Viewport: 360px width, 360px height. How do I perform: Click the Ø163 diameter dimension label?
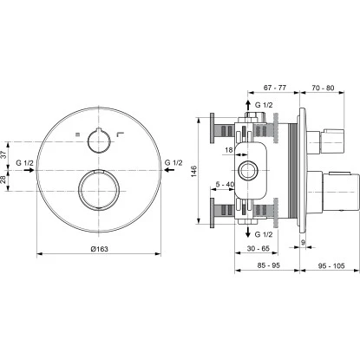[99, 249]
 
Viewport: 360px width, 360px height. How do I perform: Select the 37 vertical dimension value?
[4, 154]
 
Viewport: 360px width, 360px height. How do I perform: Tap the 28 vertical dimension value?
[4, 180]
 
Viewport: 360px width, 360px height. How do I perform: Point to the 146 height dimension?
[193, 171]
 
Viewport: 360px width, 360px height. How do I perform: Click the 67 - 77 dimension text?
[275, 88]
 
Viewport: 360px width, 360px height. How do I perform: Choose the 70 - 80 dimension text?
[323, 88]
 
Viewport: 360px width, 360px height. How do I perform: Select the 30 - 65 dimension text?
[258, 248]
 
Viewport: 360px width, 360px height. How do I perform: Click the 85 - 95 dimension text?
[268, 265]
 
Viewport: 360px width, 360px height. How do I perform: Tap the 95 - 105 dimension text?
[331, 265]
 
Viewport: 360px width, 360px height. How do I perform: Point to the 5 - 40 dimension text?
[225, 184]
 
